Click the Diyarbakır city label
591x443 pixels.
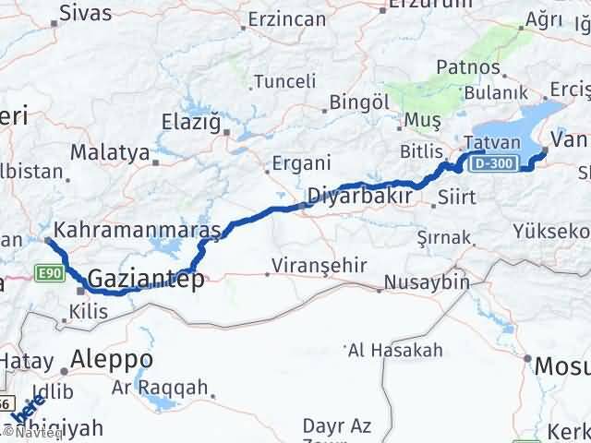[x=358, y=197]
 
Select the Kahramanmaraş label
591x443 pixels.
[x=138, y=228]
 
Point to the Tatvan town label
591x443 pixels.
[x=487, y=143]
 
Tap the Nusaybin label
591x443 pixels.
[x=427, y=282]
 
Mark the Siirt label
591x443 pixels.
[x=459, y=198]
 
